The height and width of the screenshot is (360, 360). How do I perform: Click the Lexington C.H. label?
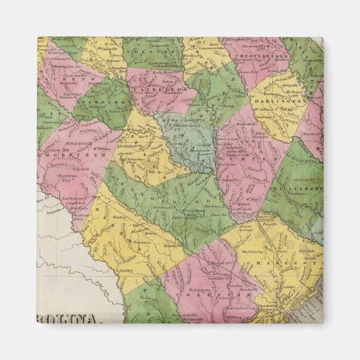(x=130, y=146)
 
